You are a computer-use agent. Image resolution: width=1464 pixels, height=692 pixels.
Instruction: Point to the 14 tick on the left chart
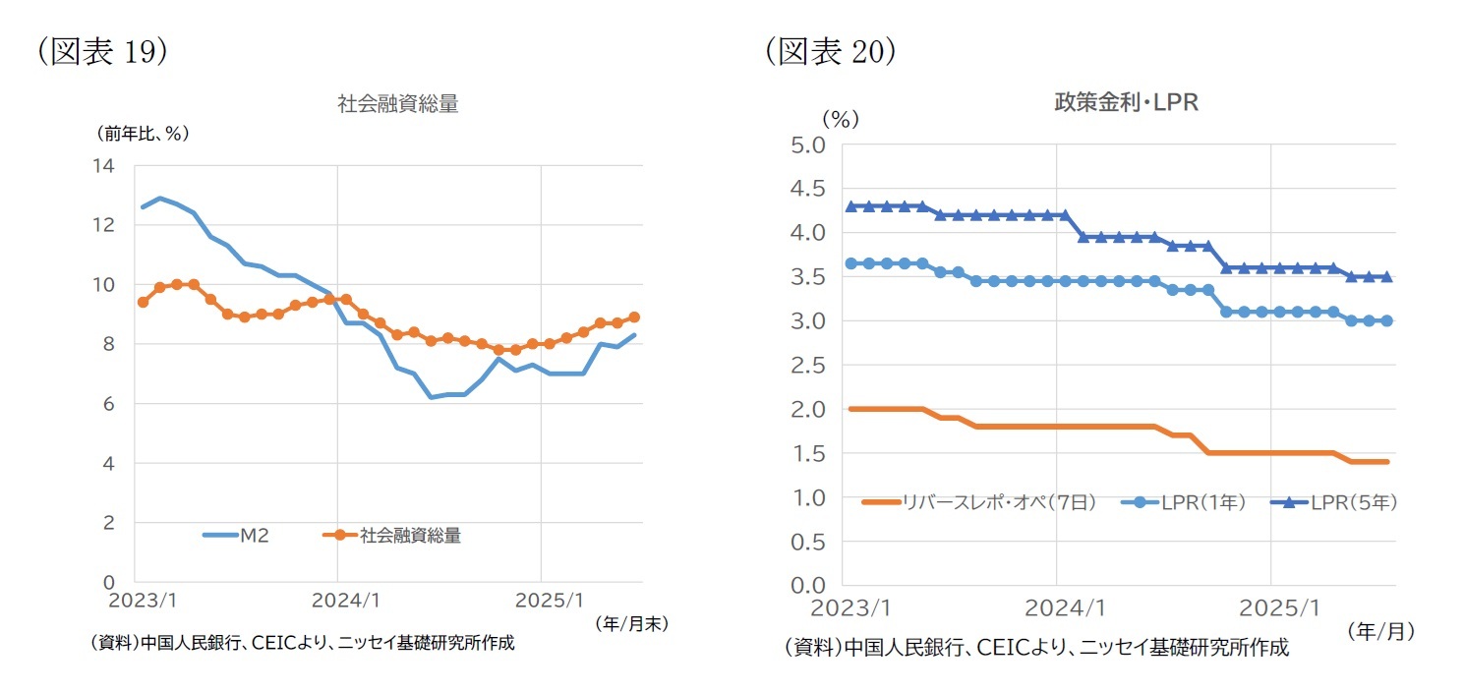pyautogui.click(x=103, y=166)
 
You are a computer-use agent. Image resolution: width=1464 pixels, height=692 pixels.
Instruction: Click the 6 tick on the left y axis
pyautogui.click(x=108, y=404)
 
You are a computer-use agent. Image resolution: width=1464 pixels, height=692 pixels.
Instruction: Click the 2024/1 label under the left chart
pyautogui.click(x=337, y=600)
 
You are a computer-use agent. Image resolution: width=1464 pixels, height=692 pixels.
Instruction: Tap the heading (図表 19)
pyautogui.click(x=102, y=52)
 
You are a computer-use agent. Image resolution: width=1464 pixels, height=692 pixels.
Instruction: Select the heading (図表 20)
pyautogui.click(x=832, y=52)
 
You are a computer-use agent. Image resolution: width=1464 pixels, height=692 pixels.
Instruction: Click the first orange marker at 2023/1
pyautogui.click(x=143, y=303)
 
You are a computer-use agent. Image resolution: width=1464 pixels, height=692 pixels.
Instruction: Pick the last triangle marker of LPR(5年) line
pyautogui.click(x=1386, y=276)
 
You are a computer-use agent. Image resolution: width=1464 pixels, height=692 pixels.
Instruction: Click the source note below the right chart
pyautogui.click(x=1036, y=647)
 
